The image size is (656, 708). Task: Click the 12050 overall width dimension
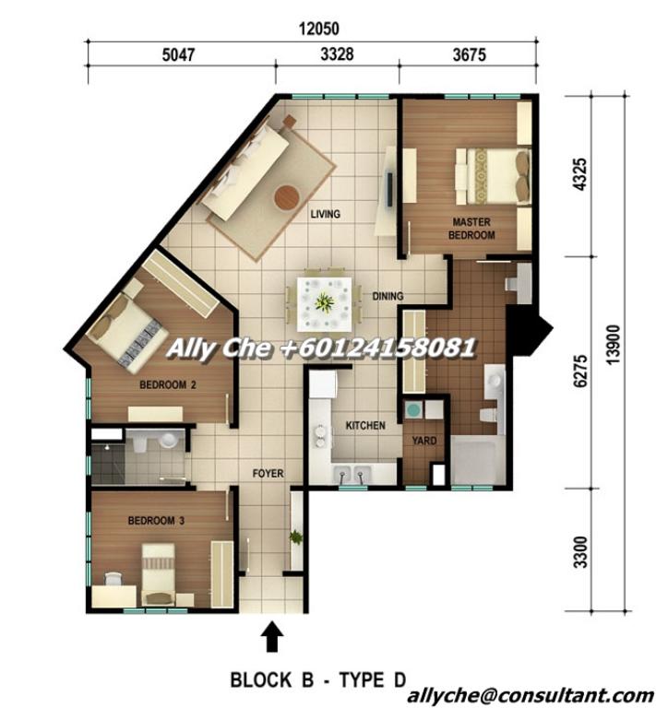(312, 29)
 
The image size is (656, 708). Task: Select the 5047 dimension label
(178, 54)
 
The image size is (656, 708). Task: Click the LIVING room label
(325, 214)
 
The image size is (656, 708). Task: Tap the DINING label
(388, 297)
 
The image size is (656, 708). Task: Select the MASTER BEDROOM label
(471, 229)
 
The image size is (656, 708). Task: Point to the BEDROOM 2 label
(168, 384)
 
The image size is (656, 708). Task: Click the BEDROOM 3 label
(156, 521)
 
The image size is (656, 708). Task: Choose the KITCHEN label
(364, 426)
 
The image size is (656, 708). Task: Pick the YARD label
(424, 441)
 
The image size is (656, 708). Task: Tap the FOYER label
(268, 474)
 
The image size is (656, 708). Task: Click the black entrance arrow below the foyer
(272, 636)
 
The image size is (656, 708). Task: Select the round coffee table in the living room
(287, 196)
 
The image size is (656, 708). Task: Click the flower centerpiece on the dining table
(324, 300)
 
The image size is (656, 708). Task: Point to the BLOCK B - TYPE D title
(317, 680)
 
